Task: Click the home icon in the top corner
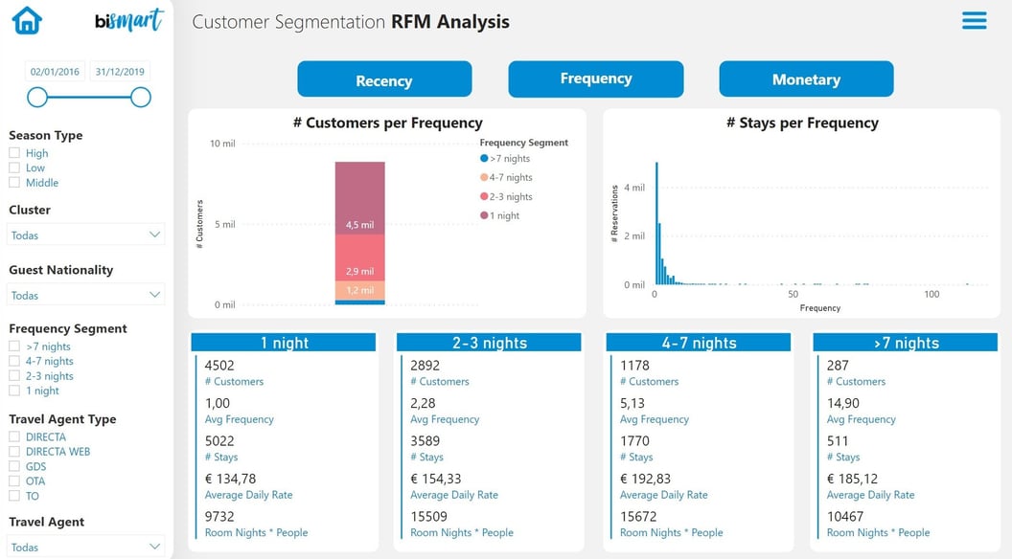click(27, 20)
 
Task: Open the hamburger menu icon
click(974, 20)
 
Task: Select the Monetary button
click(806, 79)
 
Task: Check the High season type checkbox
click(14, 153)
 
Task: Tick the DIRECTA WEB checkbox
click(14, 452)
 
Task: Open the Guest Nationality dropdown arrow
click(154, 295)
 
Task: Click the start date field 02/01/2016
click(56, 72)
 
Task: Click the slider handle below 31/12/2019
click(141, 97)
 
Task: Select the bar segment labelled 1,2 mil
click(359, 290)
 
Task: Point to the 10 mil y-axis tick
click(222, 144)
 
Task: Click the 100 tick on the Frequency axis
click(931, 294)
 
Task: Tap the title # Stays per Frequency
click(802, 123)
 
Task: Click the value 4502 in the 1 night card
click(219, 365)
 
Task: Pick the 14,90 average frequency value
click(843, 403)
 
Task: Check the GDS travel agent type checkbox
click(14, 466)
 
